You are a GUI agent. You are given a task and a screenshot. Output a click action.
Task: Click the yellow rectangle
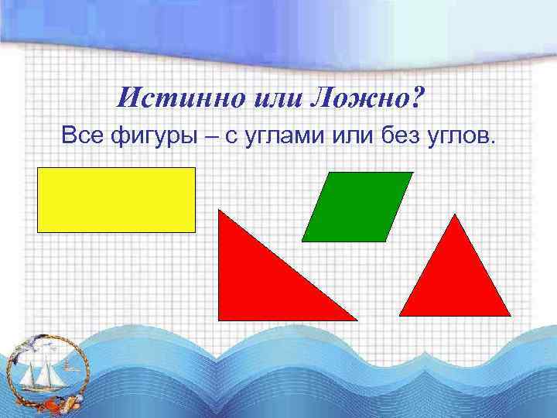[116, 200]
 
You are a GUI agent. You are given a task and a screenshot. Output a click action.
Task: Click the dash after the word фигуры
[209, 138]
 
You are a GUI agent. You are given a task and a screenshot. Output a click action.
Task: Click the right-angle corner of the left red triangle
[220, 318]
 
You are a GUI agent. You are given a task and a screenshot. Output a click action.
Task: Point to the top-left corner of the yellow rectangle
[38, 168]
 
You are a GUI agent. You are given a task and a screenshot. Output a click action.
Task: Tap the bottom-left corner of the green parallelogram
[302, 241]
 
